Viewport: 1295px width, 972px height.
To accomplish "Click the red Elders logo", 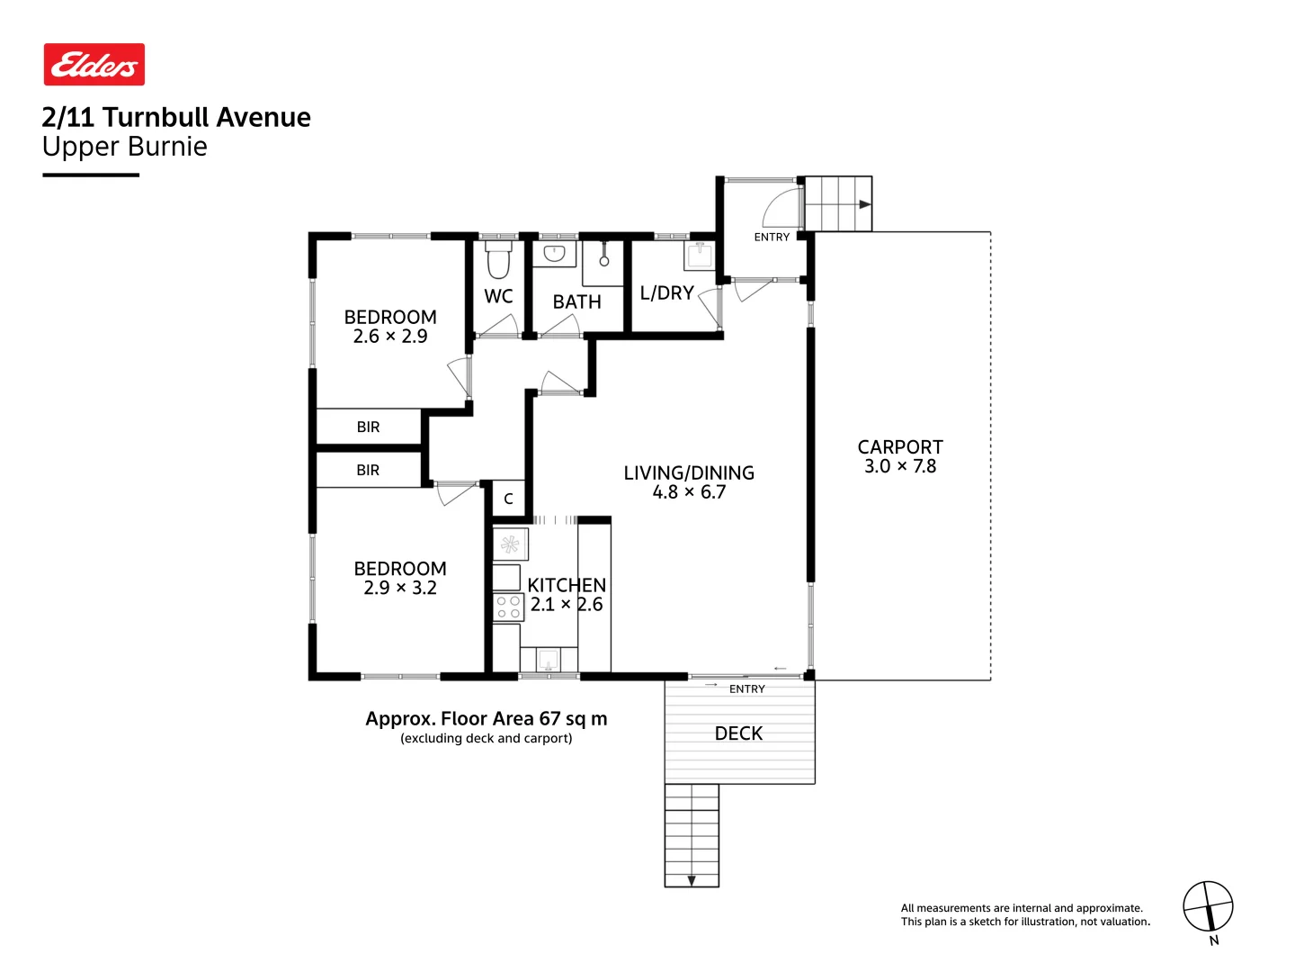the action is (94, 64).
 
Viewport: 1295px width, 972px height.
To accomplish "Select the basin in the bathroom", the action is (554, 254).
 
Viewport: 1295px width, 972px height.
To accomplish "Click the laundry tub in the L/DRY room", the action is (700, 256).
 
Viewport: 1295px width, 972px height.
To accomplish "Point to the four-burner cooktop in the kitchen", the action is (508, 607).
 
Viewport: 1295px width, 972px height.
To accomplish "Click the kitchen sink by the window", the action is (548, 659).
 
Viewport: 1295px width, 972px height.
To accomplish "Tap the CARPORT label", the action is (899, 446).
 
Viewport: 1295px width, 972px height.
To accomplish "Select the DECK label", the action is (738, 733).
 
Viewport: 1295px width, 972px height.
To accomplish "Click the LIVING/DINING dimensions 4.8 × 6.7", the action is (689, 491).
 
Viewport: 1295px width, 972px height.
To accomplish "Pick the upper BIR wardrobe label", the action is (368, 427).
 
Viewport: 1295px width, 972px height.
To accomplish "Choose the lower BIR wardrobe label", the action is (368, 470).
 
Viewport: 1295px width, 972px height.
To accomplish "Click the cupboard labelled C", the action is (508, 499).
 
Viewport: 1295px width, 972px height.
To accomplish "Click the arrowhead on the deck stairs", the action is (692, 880).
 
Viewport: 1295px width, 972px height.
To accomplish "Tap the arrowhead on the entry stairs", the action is (865, 204).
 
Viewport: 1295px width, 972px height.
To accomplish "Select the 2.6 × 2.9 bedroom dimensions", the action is (390, 336).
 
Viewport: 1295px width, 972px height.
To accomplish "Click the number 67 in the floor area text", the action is (549, 718).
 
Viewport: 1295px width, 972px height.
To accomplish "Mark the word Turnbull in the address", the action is (157, 117).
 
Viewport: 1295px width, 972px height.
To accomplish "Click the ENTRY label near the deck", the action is (746, 688).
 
